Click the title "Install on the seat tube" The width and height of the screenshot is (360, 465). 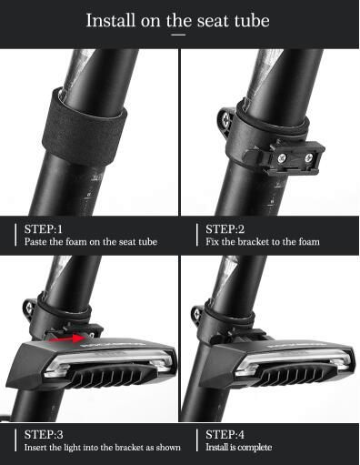(x=178, y=20)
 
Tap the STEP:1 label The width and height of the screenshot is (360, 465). (x=44, y=229)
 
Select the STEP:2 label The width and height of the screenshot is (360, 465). (x=225, y=229)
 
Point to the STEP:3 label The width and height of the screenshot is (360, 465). (x=44, y=434)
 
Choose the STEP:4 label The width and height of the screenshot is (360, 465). (x=225, y=434)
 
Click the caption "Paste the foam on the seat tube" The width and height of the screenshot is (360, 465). (x=91, y=242)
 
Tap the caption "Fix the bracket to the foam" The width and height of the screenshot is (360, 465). (x=263, y=242)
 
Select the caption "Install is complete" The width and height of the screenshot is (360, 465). (x=238, y=447)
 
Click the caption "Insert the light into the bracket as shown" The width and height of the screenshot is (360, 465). (x=102, y=448)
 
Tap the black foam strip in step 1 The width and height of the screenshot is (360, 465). (x=84, y=127)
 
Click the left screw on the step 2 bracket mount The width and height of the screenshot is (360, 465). (x=282, y=157)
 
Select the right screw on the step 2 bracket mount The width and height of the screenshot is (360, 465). (x=308, y=157)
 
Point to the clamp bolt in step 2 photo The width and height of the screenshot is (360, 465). (x=225, y=120)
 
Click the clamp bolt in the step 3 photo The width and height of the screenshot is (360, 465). (x=29, y=308)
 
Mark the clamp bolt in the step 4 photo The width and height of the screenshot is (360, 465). (x=196, y=314)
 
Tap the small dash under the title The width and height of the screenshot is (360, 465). (x=178, y=35)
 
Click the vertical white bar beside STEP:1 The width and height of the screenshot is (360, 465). (x=15, y=235)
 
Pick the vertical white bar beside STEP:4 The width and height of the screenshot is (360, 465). (x=197, y=440)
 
